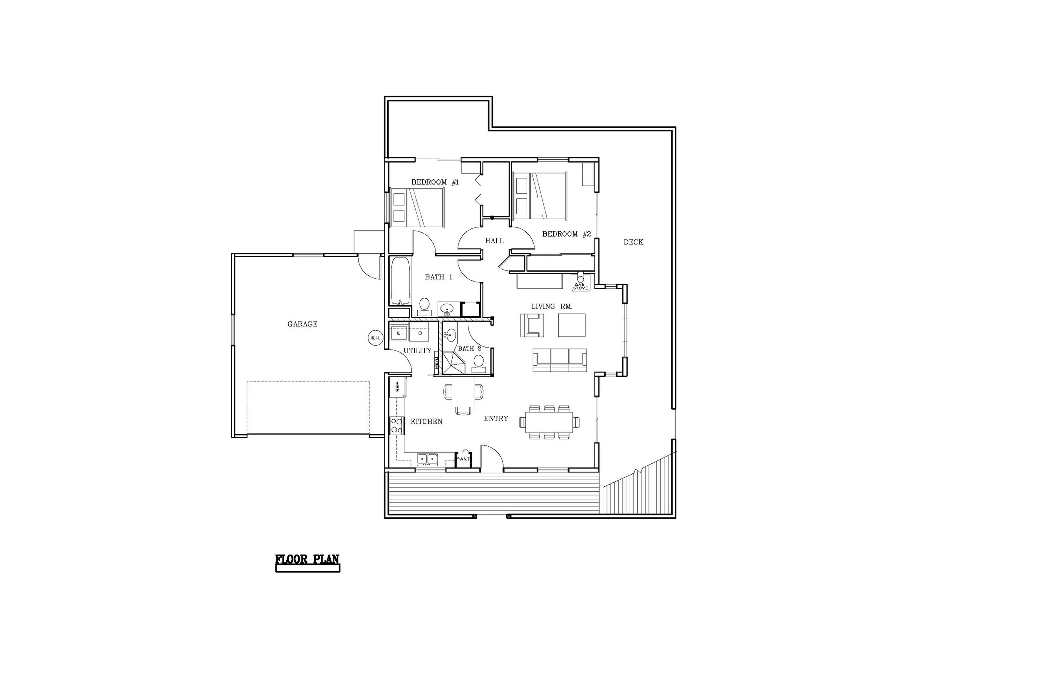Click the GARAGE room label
(x=302, y=324)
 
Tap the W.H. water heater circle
(x=375, y=338)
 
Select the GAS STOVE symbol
(x=581, y=282)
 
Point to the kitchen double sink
(x=427, y=459)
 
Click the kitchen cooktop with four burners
(x=397, y=425)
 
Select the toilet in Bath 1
(x=424, y=306)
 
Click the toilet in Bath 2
(x=479, y=363)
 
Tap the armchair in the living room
(x=532, y=325)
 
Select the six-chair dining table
(x=549, y=422)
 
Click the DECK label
(x=633, y=242)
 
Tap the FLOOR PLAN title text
(x=307, y=560)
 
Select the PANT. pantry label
(x=463, y=459)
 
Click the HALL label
(x=494, y=241)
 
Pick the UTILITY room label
(x=417, y=351)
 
